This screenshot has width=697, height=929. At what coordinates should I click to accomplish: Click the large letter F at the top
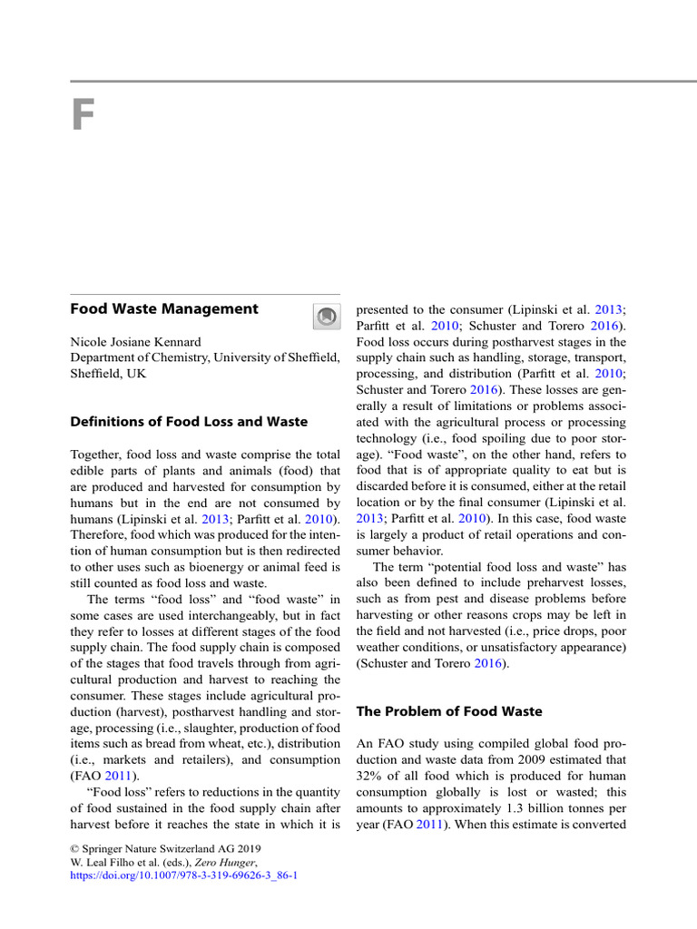83,117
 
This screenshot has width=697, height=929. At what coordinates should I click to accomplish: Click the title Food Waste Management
164,309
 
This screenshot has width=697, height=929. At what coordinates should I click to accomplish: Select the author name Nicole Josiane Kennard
136,342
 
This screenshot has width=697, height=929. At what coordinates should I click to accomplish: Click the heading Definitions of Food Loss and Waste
189,422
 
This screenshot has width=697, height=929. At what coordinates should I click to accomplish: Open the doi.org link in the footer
184,876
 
